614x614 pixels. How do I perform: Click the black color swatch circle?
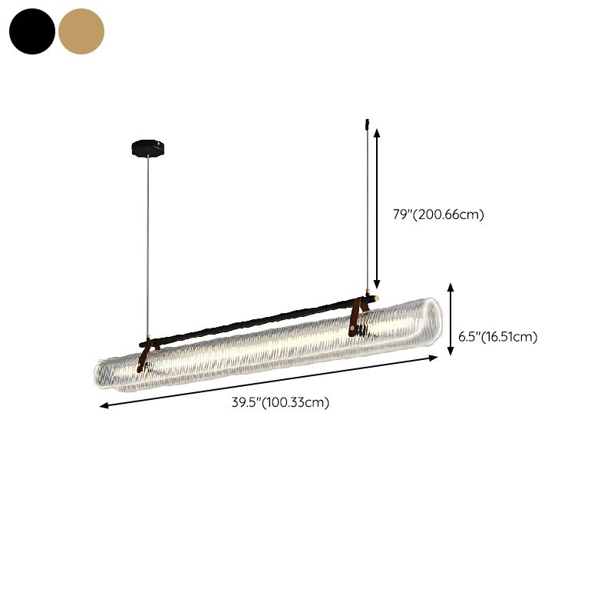[32, 31]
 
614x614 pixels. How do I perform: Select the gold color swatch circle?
[81, 31]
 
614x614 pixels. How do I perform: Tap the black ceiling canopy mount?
[147, 147]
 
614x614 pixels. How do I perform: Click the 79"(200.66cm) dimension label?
[438, 215]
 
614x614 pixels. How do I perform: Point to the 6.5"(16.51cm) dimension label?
[497, 337]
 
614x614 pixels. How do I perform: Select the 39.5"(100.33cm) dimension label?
[280, 402]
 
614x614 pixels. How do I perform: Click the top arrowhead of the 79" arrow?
[377, 132]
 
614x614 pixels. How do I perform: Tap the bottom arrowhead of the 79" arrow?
[377, 285]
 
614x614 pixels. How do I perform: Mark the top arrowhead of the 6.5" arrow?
[451, 287]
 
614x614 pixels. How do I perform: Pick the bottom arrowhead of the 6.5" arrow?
[451, 352]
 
